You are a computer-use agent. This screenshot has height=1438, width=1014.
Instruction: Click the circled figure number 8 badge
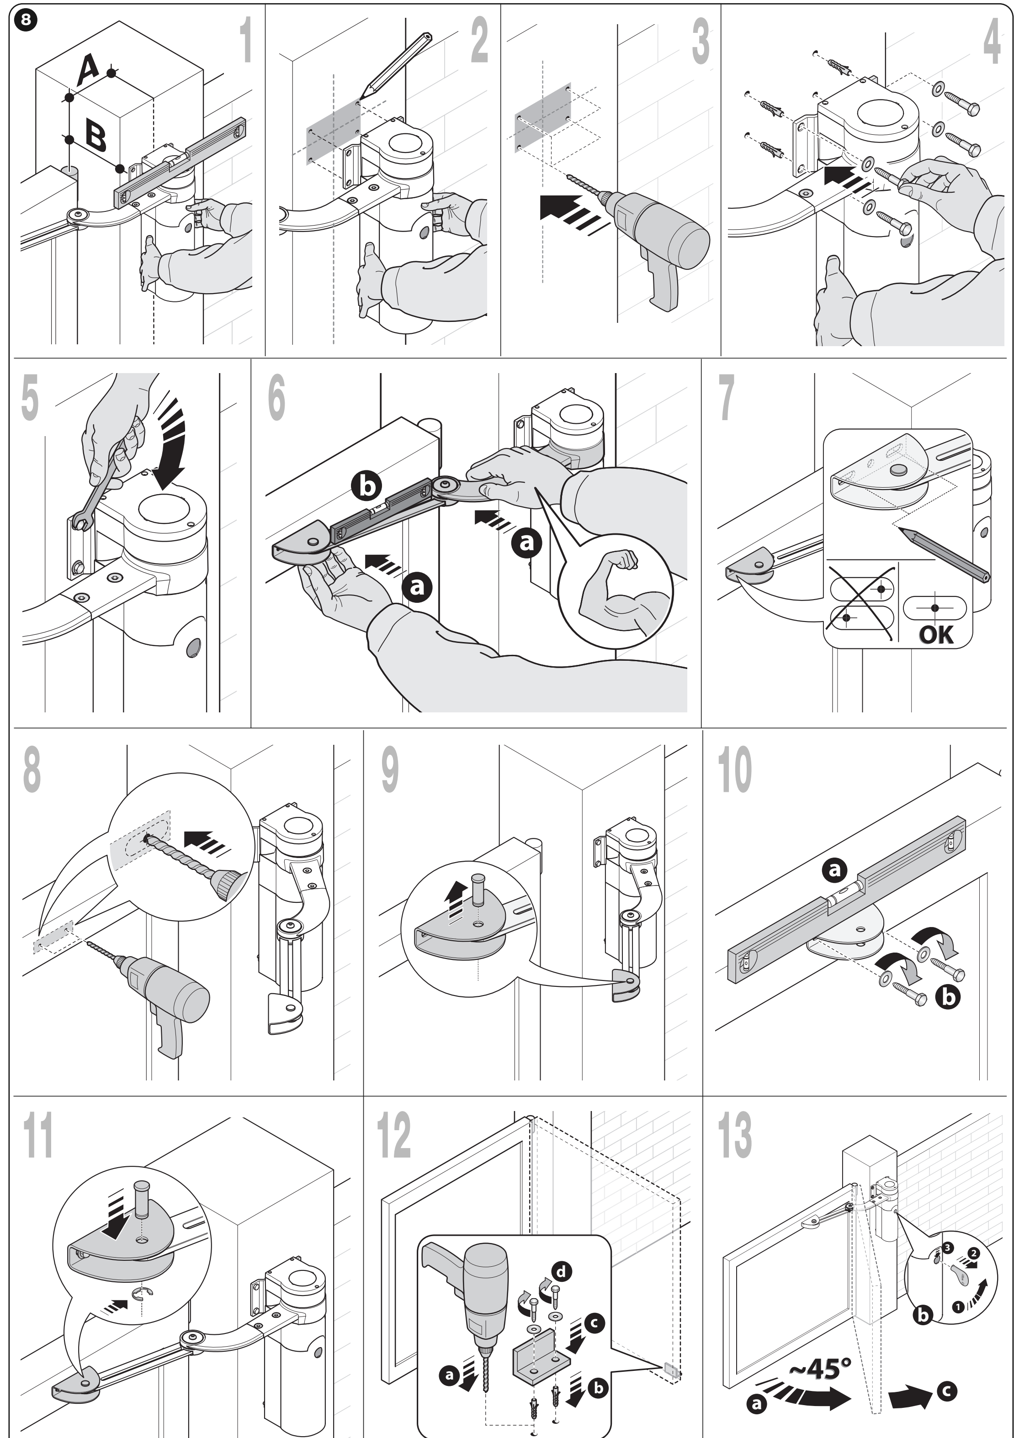[x=25, y=20]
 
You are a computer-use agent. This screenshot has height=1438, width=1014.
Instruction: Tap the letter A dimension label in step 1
[x=88, y=69]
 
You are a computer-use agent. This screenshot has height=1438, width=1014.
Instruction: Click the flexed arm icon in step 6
[x=614, y=592]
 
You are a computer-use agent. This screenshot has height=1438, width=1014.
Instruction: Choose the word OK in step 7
[x=936, y=634]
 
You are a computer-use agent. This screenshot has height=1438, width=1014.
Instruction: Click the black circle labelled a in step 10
[x=834, y=870]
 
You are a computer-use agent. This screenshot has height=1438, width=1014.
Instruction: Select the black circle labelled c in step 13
[x=947, y=1391]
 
